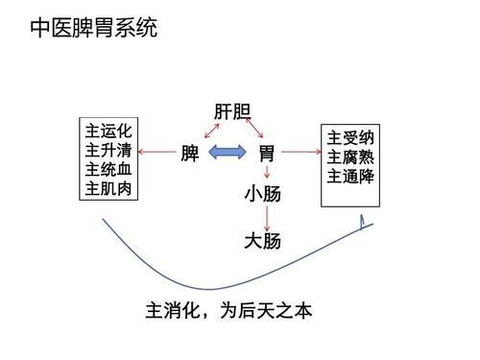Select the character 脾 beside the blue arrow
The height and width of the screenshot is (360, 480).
tap(190, 153)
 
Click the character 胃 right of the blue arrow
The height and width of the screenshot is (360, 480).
tap(267, 153)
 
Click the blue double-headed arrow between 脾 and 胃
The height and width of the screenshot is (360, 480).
tap(228, 152)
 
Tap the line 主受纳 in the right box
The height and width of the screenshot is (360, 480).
tap(351, 137)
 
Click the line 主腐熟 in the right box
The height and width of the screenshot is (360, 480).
tap(351, 156)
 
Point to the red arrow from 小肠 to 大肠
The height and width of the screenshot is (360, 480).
tap(266, 218)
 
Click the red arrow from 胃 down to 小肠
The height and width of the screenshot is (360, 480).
tap(266, 173)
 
